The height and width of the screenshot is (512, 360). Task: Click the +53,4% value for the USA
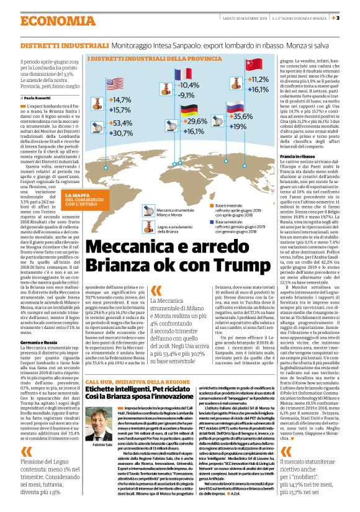(122, 124)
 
